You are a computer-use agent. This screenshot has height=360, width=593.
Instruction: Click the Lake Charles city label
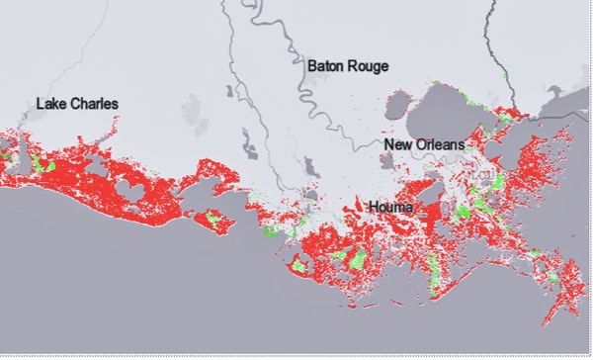(x=77, y=104)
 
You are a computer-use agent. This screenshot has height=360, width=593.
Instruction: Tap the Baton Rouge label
(x=347, y=66)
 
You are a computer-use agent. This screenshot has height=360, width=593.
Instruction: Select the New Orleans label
(x=424, y=145)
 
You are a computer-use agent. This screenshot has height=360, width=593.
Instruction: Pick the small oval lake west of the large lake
(x=399, y=104)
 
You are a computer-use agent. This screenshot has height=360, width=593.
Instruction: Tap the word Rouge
(x=369, y=66)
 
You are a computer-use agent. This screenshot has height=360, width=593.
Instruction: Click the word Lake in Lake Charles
(x=50, y=104)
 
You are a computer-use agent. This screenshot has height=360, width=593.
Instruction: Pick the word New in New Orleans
(x=397, y=145)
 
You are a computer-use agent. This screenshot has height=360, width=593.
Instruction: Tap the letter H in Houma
(x=372, y=208)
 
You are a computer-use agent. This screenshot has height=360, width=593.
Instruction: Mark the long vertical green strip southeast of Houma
(x=433, y=259)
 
